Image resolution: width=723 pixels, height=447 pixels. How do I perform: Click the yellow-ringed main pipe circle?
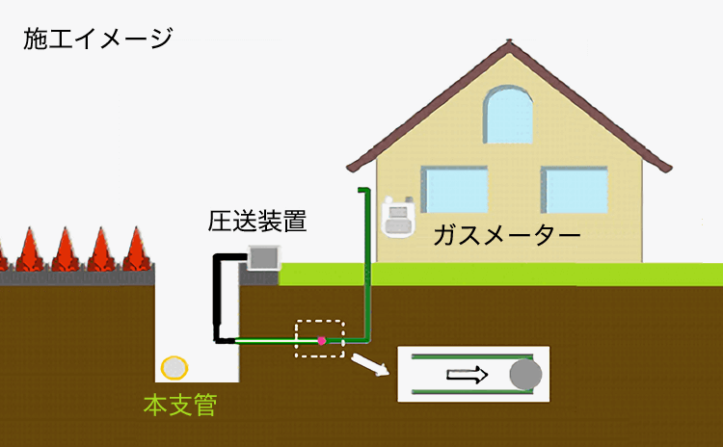[174, 368]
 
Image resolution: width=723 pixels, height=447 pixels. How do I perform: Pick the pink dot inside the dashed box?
[321, 340]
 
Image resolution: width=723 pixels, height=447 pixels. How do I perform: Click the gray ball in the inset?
[524, 374]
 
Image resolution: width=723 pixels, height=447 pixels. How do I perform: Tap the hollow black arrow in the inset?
[468, 375]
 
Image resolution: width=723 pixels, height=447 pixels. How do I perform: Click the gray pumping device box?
[263, 257]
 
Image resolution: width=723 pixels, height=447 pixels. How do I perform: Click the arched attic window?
[508, 115]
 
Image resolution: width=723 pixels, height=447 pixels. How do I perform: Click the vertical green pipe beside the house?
[365, 260]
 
